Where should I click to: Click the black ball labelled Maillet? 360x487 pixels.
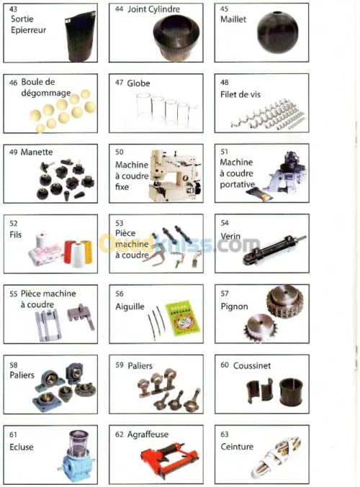277,32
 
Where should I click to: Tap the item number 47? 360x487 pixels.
119,83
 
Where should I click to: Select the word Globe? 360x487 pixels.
138,83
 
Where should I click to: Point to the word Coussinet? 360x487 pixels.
252,365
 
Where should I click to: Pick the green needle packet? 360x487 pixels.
182,318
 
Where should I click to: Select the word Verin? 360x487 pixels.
230,236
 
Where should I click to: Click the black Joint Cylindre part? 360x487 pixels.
176,37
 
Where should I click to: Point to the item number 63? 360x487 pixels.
225,434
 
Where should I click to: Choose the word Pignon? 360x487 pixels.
235,306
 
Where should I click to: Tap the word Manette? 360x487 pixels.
37,153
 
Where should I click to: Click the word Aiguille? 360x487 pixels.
130,306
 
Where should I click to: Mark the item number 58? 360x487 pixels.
14,365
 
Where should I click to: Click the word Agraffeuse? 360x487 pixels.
148,434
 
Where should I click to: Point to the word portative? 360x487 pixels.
237,184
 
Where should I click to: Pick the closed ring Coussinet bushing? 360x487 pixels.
291,392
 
